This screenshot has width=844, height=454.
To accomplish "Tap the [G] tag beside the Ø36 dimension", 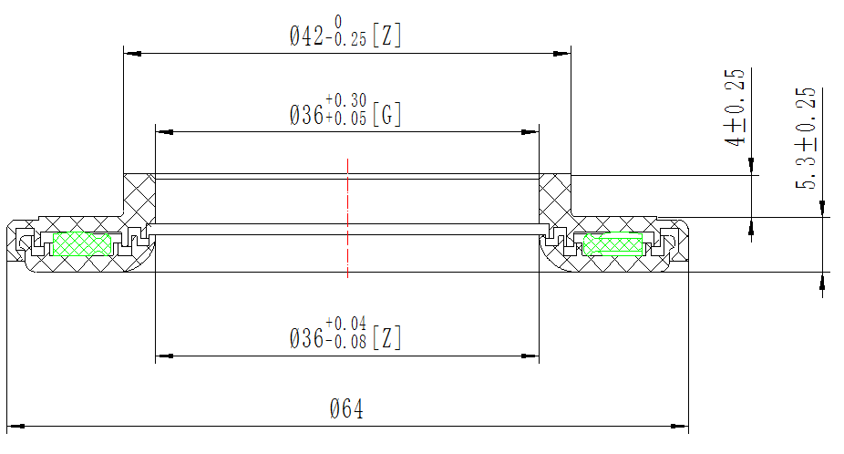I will [x=387, y=115].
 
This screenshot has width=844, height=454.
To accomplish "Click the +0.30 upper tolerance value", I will [x=345, y=99].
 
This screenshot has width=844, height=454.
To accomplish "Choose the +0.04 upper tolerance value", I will [x=345, y=323].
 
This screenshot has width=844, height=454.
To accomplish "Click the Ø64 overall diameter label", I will [x=346, y=409].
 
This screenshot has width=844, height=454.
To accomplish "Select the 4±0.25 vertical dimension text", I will [x=735, y=108].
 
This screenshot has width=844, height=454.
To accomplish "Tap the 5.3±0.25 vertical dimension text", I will [x=807, y=139].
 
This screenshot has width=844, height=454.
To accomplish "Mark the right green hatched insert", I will [x=612, y=244].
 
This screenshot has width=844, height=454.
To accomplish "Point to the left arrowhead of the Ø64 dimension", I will [x=14, y=425].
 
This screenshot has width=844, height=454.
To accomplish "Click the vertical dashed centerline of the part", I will [x=347, y=219].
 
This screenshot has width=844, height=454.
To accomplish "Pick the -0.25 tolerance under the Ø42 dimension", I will [x=345, y=40].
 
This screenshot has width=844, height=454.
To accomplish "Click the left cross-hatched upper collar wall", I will [x=139, y=195].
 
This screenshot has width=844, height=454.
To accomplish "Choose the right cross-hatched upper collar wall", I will [x=555, y=195].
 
